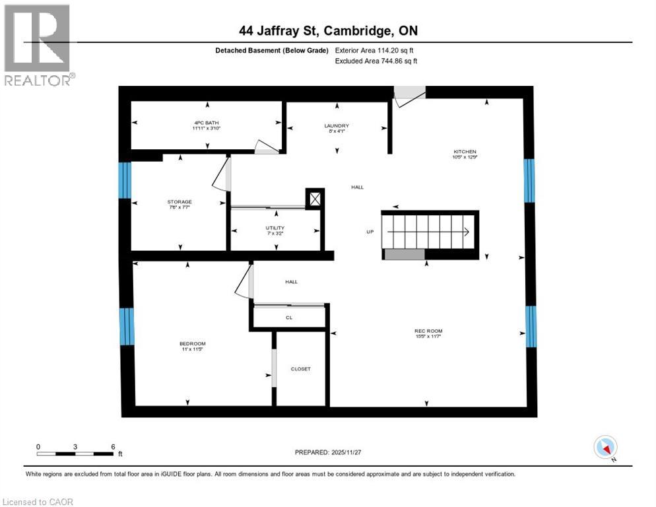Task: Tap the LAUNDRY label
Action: point(336,125)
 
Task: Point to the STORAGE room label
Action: point(179,202)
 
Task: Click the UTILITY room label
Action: point(275,228)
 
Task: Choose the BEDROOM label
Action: point(193,343)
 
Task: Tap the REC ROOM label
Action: point(428,331)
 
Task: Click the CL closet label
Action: point(289,318)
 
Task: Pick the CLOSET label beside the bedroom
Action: point(300,368)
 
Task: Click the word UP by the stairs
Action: point(370,232)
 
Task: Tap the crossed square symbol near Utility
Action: point(315,199)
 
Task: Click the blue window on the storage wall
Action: point(125,180)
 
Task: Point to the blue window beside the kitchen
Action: point(529,180)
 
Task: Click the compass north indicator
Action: point(605,448)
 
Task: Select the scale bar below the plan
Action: point(75,454)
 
